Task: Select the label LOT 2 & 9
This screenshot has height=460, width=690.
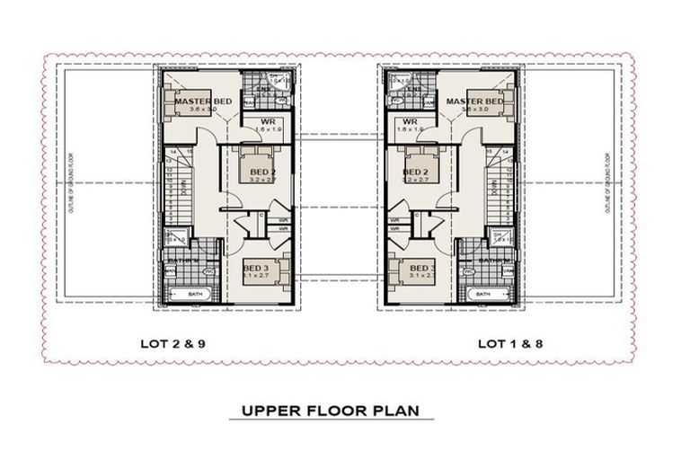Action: [178, 343]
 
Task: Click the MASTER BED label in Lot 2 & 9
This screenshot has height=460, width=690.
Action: [203, 102]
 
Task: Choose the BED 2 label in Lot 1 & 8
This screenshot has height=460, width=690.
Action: [414, 172]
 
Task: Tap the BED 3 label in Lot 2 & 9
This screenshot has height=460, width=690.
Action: [256, 269]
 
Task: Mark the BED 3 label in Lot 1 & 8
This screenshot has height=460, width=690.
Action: [421, 269]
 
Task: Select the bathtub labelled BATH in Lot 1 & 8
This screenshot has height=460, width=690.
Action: [484, 294]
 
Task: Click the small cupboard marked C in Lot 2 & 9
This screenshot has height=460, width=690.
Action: [261, 214]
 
